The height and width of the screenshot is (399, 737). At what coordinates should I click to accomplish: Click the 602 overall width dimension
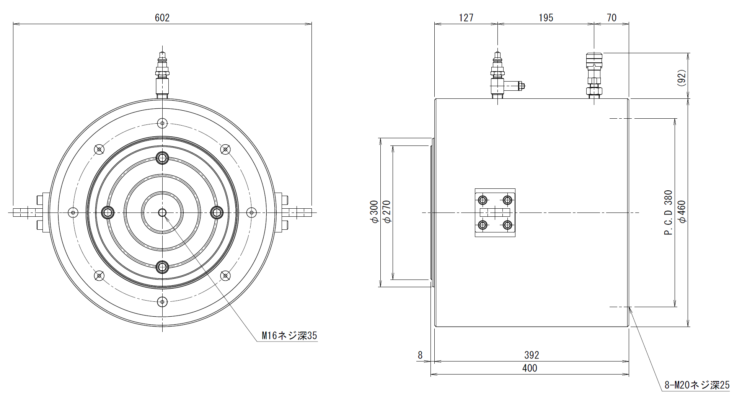(x=162, y=18)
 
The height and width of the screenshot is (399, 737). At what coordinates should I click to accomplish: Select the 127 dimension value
(x=466, y=18)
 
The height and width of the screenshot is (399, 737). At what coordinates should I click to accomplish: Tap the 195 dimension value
(x=546, y=18)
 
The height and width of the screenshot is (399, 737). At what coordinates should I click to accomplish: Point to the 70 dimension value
(x=611, y=18)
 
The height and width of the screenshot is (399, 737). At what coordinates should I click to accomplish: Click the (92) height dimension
(x=682, y=78)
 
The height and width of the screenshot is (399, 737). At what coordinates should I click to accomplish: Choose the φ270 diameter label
(x=386, y=212)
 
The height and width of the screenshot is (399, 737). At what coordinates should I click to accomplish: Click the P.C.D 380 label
(x=668, y=213)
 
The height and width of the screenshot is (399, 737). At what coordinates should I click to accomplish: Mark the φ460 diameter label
(x=682, y=212)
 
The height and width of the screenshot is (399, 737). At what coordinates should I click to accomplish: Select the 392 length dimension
(x=532, y=355)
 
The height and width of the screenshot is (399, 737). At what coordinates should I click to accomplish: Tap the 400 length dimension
(x=530, y=368)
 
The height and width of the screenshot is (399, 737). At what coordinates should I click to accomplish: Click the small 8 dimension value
(x=420, y=355)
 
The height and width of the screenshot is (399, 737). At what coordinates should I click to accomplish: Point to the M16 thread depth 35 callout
(x=289, y=336)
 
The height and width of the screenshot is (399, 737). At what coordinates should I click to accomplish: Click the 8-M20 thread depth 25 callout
(x=697, y=385)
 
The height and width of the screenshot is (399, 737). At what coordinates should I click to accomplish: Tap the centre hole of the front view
(x=162, y=212)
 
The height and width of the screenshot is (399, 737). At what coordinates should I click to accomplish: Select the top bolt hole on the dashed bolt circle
(x=163, y=123)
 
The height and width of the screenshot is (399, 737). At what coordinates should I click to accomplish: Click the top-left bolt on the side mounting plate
(x=483, y=200)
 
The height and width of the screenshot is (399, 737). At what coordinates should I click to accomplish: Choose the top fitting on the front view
(x=162, y=75)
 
